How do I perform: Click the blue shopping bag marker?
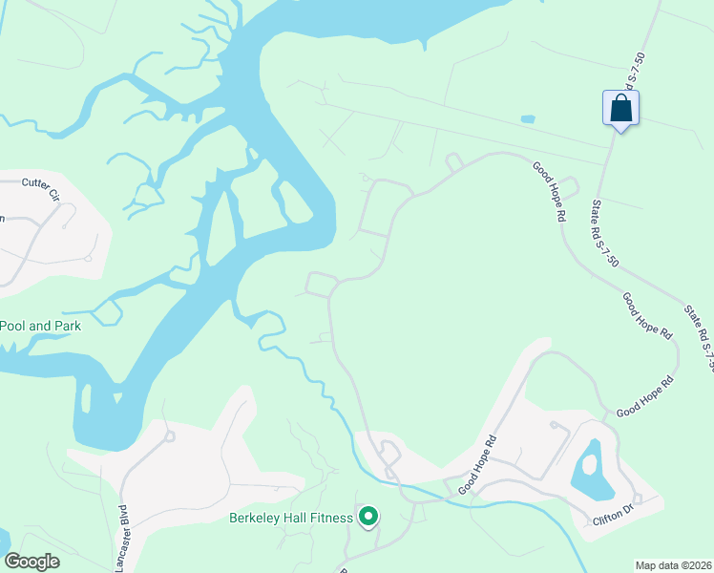(x=620, y=108)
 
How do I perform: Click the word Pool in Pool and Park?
(x=13, y=326)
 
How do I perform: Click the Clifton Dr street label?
(x=613, y=516)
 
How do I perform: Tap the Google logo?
(x=31, y=562)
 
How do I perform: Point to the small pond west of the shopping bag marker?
(x=527, y=119)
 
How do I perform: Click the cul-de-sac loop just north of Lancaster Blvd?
(x=171, y=436)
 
